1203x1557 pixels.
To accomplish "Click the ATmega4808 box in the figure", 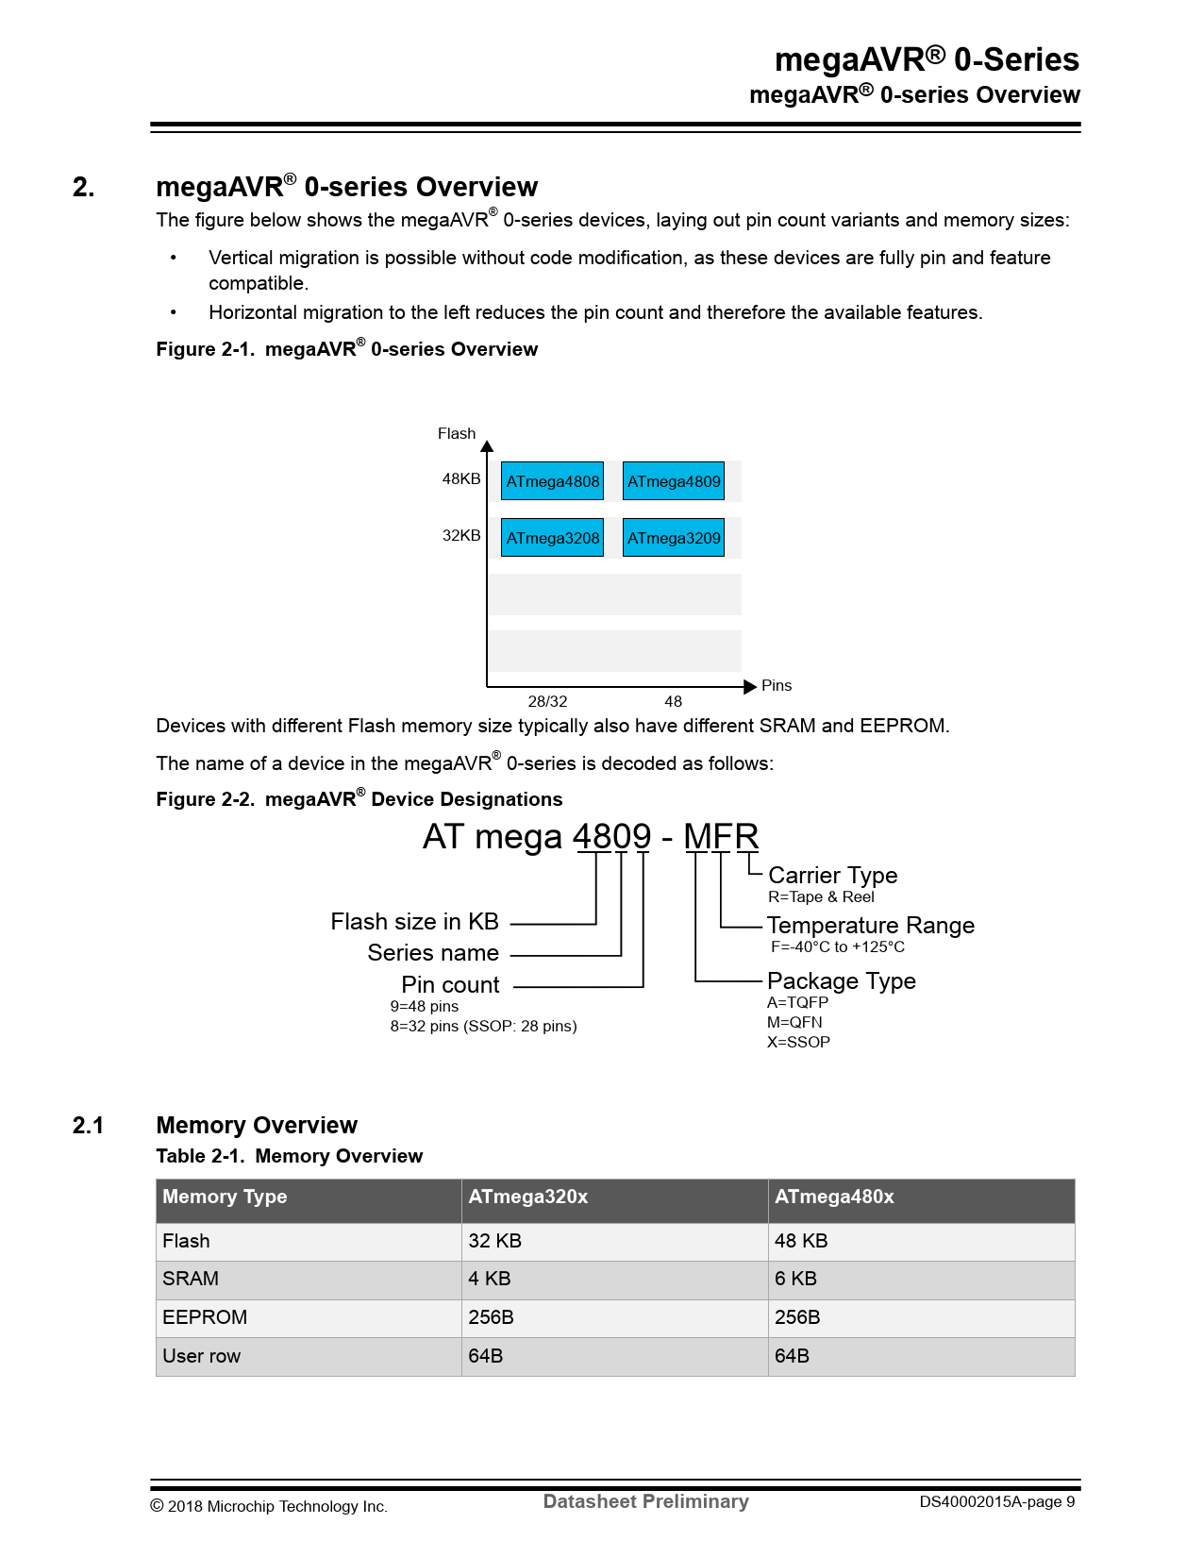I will click(552, 481).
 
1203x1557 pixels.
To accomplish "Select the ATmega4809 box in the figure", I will click(674, 481).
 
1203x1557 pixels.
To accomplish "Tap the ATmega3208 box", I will click(552, 538).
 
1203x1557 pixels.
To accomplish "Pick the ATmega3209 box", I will click(674, 538).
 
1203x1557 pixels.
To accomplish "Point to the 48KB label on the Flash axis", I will click(461, 479).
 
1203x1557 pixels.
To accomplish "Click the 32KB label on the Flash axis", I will click(461, 536).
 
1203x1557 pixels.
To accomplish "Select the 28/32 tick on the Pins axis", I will click(547, 701).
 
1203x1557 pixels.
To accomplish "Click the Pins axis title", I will click(777, 686).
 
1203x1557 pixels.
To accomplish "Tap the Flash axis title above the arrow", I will click(457, 434).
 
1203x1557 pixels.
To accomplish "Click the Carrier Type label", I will click(832, 876).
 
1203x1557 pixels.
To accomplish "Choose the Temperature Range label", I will click(870, 926).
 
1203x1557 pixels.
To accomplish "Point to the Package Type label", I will click(841, 981).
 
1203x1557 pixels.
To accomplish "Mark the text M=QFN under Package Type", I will click(794, 1022).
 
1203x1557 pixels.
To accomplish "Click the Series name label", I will click(433, 953).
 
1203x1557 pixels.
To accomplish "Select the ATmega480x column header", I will click(834, 1197).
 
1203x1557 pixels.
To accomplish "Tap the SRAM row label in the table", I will click(191, 1279).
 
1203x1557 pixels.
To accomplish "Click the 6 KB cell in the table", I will click(795, 1279).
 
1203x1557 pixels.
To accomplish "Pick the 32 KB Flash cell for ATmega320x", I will click(494, 1241).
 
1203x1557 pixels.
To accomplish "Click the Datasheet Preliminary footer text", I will click(645, 1501).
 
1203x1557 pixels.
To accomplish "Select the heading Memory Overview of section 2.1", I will click(257, 1125).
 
